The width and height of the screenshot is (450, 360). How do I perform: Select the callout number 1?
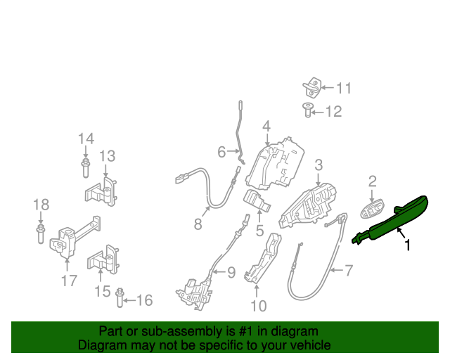407,245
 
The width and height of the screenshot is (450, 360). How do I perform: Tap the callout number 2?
373,182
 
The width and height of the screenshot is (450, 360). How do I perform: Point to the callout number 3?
319,165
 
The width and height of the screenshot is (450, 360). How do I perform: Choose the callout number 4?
266,127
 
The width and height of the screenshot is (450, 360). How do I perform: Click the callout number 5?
259,230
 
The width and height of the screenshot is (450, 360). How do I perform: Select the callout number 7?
348,270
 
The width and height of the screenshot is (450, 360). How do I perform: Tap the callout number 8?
198,224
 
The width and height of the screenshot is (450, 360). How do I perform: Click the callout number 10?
259,305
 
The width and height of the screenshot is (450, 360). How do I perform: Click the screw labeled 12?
308,109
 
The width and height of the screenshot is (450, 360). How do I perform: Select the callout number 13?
107,156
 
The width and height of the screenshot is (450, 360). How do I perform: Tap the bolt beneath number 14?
86,167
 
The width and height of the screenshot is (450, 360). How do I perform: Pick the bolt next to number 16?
120,299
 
